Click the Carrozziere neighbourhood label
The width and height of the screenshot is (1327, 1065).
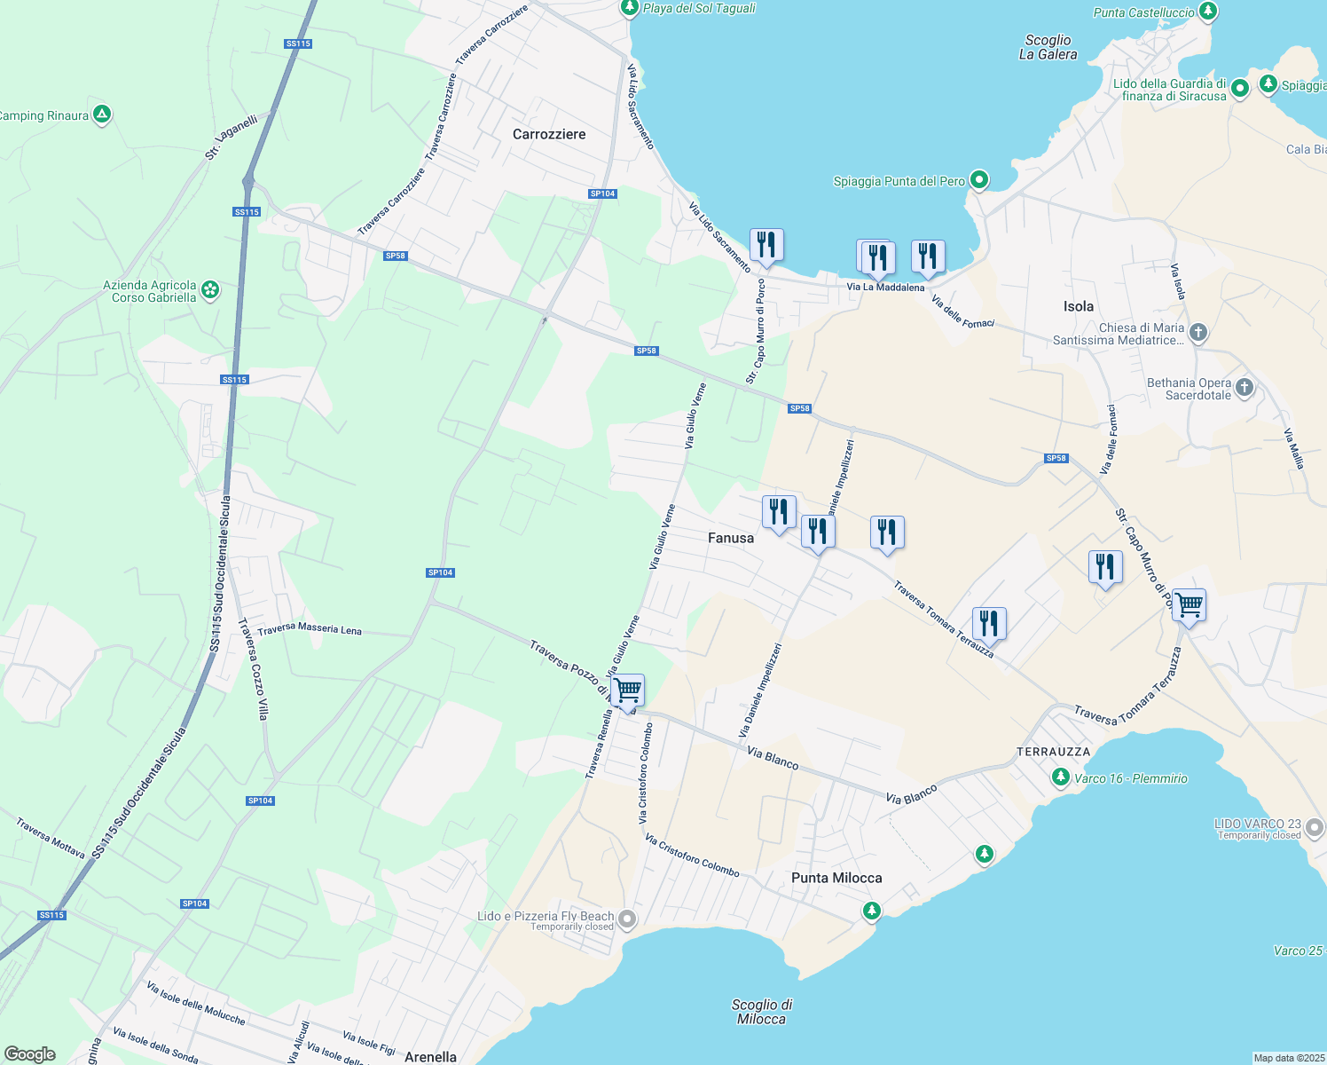click(x=549, y=134)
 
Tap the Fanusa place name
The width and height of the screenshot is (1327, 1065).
click(x=731, y=538)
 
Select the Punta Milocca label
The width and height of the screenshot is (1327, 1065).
click(x=836, y=878)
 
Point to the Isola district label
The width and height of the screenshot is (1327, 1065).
click(x=1079, y=306)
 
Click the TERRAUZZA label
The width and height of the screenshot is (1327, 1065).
click(x=1054, y=752)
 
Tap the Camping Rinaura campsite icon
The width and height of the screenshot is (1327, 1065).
click(x=102, y=114)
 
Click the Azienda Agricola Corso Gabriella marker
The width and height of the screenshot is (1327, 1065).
click(x=210, y=290)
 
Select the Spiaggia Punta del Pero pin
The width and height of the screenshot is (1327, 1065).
click(x=979, y=181)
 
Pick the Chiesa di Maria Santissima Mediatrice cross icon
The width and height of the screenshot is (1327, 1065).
click(x=1198, y=333)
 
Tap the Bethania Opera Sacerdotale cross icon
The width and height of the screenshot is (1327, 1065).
click(x=1245, y=388)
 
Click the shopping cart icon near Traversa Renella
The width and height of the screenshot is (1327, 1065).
click(x=627, y=690)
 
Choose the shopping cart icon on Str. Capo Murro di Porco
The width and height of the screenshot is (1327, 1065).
click(x=1189, y=604)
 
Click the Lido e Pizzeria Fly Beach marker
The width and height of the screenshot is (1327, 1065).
click(x=627, y=919)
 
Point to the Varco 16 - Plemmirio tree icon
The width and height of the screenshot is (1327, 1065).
click(x=1060, y=777)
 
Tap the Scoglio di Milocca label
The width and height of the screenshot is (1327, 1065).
click(x=762, y=1012)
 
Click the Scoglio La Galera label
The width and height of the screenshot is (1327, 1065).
click(x=1048, y=47)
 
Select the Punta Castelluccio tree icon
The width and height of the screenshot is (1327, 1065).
click(x=1207, y=12)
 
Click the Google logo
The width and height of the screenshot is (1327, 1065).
click(x=30, y=1054)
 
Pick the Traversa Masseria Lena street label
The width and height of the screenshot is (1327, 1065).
click(x=310, y=629)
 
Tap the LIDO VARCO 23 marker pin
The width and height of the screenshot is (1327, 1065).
click(x=1314, y=829)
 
